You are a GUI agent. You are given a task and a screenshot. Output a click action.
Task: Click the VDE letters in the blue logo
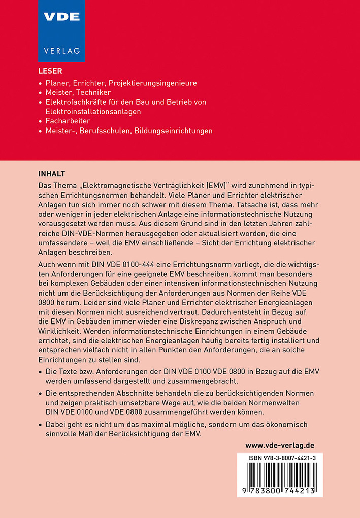point(61,17)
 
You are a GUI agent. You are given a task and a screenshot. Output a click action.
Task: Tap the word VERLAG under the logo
point(61,51)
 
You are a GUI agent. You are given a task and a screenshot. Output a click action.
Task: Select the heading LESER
point(50,71)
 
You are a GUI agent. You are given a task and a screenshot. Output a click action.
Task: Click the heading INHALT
point(52,173)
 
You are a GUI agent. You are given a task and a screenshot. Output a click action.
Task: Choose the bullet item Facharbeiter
point(68,121)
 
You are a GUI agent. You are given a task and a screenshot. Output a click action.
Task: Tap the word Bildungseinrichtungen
point(170,131)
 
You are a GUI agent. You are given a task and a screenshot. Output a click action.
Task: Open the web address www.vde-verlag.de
point(280,445)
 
